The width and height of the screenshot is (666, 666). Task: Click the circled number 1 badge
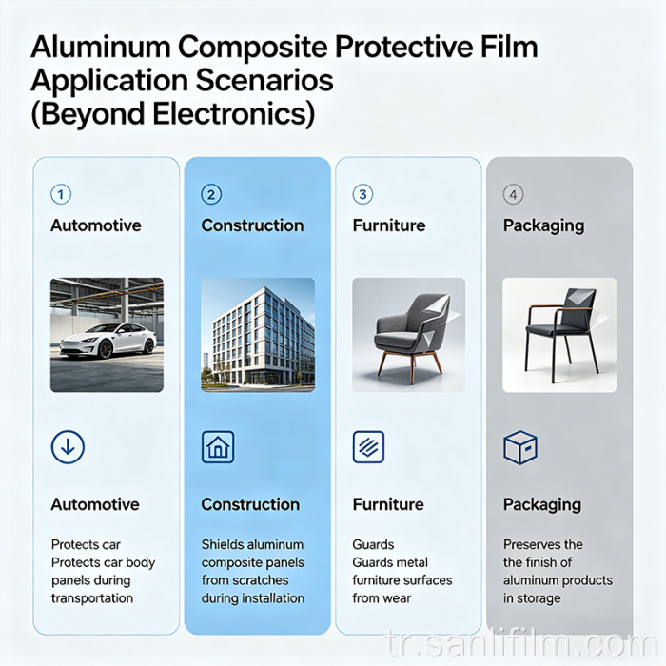click(61, 194)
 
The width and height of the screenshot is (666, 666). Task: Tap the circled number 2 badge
click(211, 194)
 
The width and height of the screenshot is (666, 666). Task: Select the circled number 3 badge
click(362, 194)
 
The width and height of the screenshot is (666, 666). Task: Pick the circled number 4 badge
click(514, 194)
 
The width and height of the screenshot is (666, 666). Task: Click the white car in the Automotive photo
click(107, 340)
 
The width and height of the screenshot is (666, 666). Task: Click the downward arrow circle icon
click(68, 447)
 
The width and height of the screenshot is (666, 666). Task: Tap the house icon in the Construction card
click(218, 447)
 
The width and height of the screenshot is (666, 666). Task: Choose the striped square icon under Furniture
click(368, 447)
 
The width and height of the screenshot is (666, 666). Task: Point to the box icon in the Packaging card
click(519, 447)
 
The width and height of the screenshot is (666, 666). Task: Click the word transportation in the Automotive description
click(91, 598)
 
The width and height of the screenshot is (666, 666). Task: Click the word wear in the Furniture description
click(396, 598)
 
